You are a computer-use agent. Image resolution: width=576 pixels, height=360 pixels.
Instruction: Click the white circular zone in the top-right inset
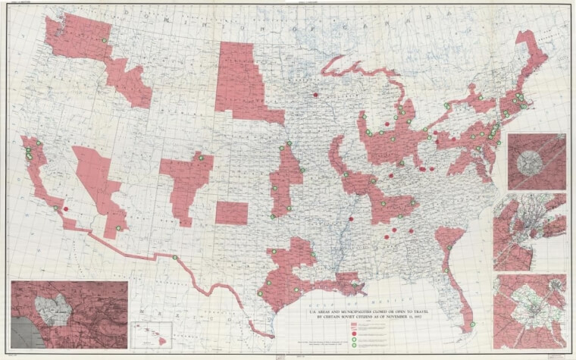click(x=537, y=161)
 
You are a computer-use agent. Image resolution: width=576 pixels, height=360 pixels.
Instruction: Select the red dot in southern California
click(x=66, y=210)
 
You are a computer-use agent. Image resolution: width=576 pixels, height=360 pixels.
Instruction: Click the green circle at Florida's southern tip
click(x=472, y=324)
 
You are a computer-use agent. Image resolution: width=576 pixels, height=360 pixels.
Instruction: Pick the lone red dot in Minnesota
click(x=315, y=95)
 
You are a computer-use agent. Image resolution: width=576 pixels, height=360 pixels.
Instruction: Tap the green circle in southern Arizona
click(x=118, y=228)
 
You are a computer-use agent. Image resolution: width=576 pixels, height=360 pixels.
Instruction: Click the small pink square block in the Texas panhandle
click(x=230, y=212)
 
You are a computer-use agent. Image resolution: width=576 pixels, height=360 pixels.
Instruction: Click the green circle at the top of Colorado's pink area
click(x=202, y=158)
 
